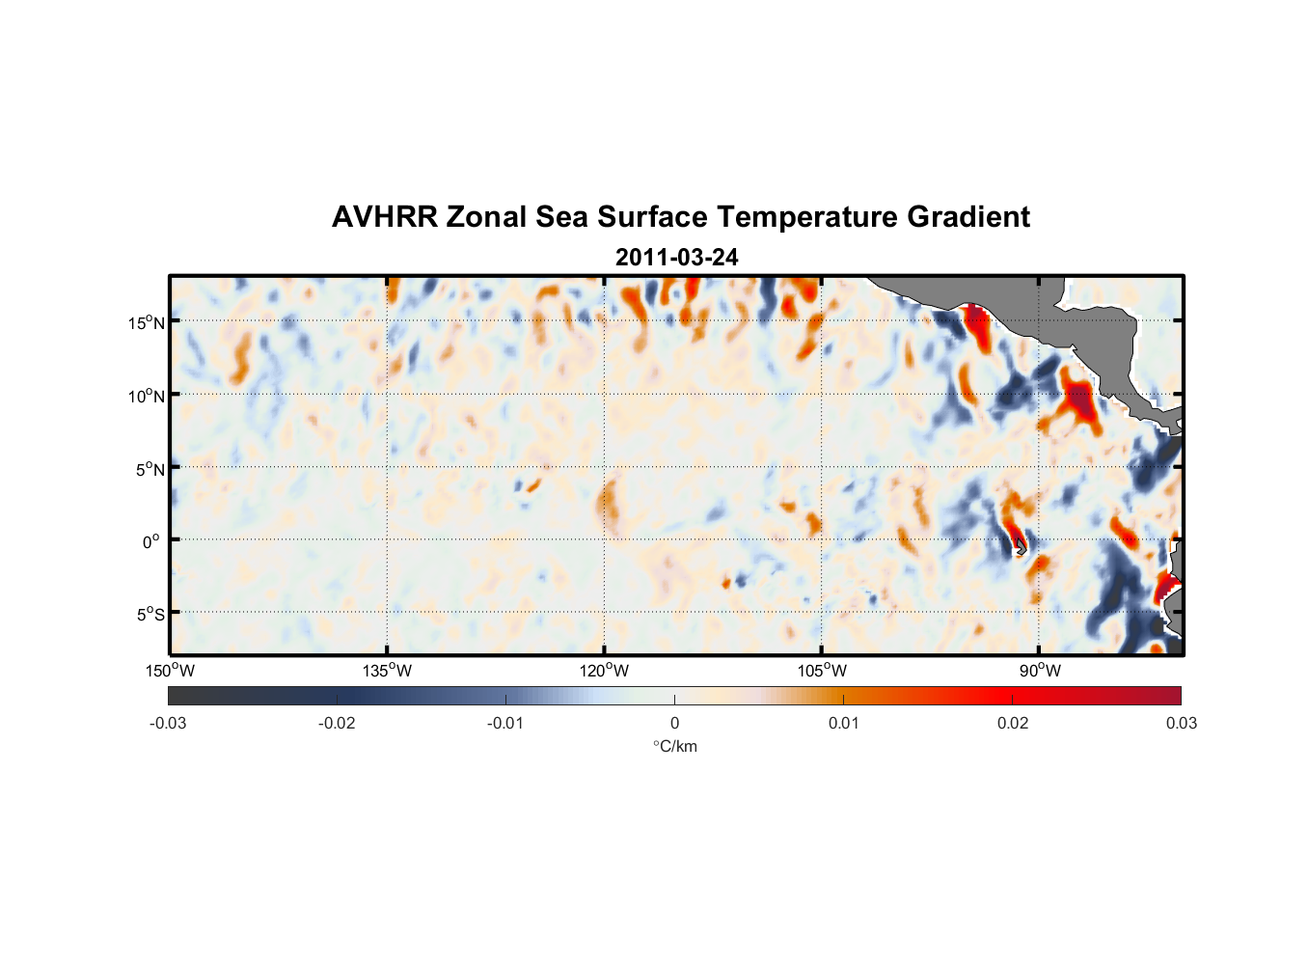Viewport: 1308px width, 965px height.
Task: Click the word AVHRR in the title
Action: [384, 217]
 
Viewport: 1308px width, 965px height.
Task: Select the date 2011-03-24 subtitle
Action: [676, 258]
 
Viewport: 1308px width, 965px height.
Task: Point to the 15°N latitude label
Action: [147, 322]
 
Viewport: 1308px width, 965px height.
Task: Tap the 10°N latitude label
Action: [147, 396]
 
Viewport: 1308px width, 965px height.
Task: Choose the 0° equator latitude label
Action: [151, 541]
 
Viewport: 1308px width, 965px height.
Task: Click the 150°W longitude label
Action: [170, 671]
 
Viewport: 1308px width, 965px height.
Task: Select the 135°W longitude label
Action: [387, 671]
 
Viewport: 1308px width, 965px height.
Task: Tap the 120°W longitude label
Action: [604, 671]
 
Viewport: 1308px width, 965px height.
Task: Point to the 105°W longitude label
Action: [822, 671]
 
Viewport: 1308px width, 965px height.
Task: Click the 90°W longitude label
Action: [1040, 671]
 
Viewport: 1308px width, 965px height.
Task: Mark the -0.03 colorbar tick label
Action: [168, 723]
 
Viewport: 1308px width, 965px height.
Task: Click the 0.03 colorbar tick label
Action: [1181, 723]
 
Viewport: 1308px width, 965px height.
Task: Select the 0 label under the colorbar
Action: [674, 723]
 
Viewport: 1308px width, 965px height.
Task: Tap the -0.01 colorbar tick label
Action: [505, 723]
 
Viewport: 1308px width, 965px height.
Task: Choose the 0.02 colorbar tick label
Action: [1012, 723]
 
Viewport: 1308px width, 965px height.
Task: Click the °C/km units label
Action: [674, 746]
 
